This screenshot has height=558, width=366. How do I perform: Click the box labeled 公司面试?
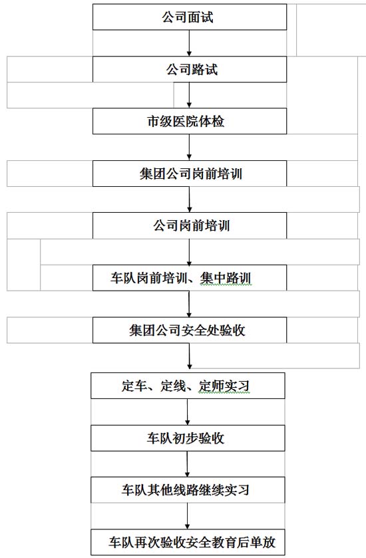(190, 17)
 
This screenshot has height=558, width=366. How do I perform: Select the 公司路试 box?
(190, 69)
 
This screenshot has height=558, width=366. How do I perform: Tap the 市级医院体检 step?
(190, 121)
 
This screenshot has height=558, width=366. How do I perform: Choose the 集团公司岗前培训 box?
(190, 174)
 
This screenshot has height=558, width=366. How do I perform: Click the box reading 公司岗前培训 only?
(190, 225)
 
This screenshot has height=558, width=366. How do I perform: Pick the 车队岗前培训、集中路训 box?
(190, 277)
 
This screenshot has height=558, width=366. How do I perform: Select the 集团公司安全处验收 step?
(190, 330)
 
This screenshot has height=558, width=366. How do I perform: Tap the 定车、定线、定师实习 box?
(188, 385)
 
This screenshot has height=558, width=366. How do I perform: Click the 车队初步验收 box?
(188, 438)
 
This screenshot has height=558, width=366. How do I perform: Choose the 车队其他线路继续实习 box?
(188, 490)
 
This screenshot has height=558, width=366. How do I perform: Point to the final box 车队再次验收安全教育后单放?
(188, 542)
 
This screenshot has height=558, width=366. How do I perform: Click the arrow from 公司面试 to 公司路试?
(189, 43)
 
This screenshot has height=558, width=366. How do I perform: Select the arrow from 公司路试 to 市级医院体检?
(189, 95)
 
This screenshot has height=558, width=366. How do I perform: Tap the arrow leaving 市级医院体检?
(189, 148)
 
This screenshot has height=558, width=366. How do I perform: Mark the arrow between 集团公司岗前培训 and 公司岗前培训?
(190, 200)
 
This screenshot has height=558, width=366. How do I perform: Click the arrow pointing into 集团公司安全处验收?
(189, 304)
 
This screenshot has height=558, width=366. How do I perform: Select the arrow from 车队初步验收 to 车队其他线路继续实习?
(187, 464)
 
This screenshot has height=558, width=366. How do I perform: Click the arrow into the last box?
(187, 516)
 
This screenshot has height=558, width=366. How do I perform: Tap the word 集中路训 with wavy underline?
(226, 278)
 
